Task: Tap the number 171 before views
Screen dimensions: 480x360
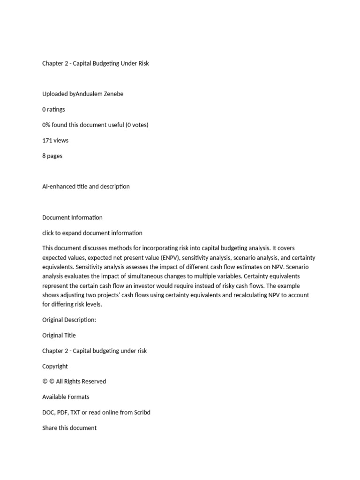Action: click(x=47, y=140)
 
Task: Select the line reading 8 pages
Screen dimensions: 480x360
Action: click(x=52, y=156)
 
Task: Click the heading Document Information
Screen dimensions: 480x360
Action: click(x=72, y=217)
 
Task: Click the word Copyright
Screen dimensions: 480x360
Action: click(x=55, y=366)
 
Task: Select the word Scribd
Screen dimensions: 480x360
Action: click(x=140, y=412)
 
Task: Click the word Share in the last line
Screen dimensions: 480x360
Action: click(x=50, y=427)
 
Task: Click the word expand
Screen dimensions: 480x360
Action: click(x=77, y=233)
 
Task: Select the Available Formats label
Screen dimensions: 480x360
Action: click(x=66, y=397)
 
